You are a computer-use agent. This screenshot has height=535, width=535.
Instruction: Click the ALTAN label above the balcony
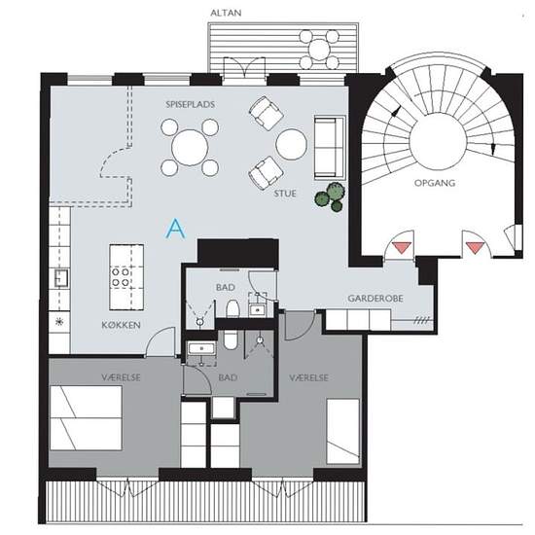pyautogui.click(x=226, y=13)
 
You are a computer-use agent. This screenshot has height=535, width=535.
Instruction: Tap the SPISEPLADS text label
pyautogui.click(x=191, y=104)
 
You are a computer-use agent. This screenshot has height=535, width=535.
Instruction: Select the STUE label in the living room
pyautogui.click(x=285, y=194)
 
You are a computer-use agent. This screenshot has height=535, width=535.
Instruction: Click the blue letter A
pyautogui.click(x=176, y=229)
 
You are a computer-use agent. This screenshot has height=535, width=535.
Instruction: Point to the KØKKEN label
pyautogui.click(x=122, y=325)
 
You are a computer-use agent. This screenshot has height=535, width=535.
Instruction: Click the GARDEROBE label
pyautogui.click(x=375, y=299)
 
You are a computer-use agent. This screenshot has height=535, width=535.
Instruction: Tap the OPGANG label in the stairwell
pyautogui.click(x=435, y=183)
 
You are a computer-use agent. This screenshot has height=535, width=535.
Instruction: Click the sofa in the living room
pyautogui.click(x=330, y=147)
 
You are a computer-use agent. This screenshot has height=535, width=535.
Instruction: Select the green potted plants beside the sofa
pyautogui.click(x=330, y=197)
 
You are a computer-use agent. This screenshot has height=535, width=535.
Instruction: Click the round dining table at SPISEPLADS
pyautogui.click(x=190, y=148)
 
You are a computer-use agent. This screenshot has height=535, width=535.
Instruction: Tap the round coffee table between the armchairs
pyautogui.click(x=292, y=144)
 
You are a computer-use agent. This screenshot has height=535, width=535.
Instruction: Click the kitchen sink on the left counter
pyautogui.click(x=61, y=278)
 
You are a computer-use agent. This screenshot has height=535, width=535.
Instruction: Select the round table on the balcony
pyautogui.click(x=319, y=50)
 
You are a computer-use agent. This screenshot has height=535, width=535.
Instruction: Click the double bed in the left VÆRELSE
pyautogui.click(x=86, y=418)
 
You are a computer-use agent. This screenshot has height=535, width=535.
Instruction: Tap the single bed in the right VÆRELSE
pyautogui.click(x=343, y=431)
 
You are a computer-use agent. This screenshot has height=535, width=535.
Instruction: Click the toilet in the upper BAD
pyautogui.click(x=232, y=308)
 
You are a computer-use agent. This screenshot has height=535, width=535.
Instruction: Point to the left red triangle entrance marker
pyautogui.click(x=402, y=247)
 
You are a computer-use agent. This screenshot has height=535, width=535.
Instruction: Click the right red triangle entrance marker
pyautogui.click(x=475, y=248)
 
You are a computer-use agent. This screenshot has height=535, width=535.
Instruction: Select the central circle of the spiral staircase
pyautogui.click(x=438, y=143)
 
